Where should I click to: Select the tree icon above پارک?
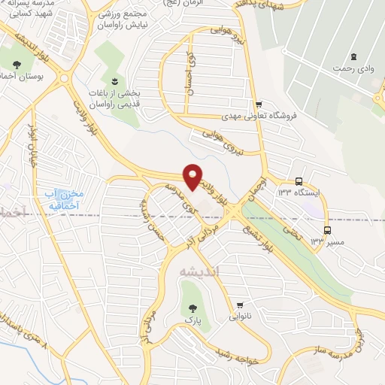(x=192, y=308)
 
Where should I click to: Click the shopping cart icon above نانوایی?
(x=240, y=305)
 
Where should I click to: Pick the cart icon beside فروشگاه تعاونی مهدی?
(x=259, y=105)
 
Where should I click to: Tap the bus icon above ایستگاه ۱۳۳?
(x=299, y=181)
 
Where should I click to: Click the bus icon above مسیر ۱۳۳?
(x=327, y=229)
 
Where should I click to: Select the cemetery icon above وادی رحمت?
(x=353, y=56)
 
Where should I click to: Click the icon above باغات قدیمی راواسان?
(x=114, y=80)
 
